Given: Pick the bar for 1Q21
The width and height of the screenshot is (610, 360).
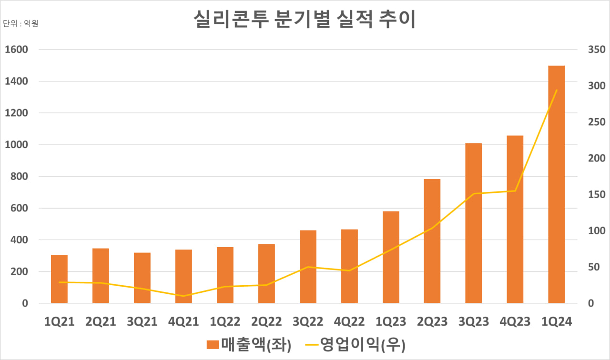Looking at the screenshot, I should [x=59, y=279].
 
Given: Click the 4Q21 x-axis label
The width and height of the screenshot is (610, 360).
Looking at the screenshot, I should [x=183, y=322].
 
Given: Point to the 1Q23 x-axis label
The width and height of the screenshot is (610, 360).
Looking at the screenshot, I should [x=391, y=322].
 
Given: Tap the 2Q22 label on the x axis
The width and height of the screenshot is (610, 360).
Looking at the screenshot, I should [x=266, y=322].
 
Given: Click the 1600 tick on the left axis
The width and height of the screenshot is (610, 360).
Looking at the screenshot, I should [x=18, y=50].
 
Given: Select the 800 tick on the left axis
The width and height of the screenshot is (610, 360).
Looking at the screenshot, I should [x=20, y=177].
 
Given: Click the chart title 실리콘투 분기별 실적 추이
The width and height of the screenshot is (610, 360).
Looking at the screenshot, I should [x=305, y=20].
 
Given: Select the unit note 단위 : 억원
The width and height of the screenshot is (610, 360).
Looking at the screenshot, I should [x=20, y=23].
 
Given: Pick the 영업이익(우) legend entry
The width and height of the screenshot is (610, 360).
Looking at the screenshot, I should [x=355, y=344].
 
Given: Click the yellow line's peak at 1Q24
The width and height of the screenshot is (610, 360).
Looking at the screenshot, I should [x=556, y=90].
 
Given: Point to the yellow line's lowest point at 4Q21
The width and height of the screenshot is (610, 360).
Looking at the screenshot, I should [x=183, y=296].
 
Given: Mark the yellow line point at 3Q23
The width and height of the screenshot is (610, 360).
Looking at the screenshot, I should [x=473, y=194].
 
